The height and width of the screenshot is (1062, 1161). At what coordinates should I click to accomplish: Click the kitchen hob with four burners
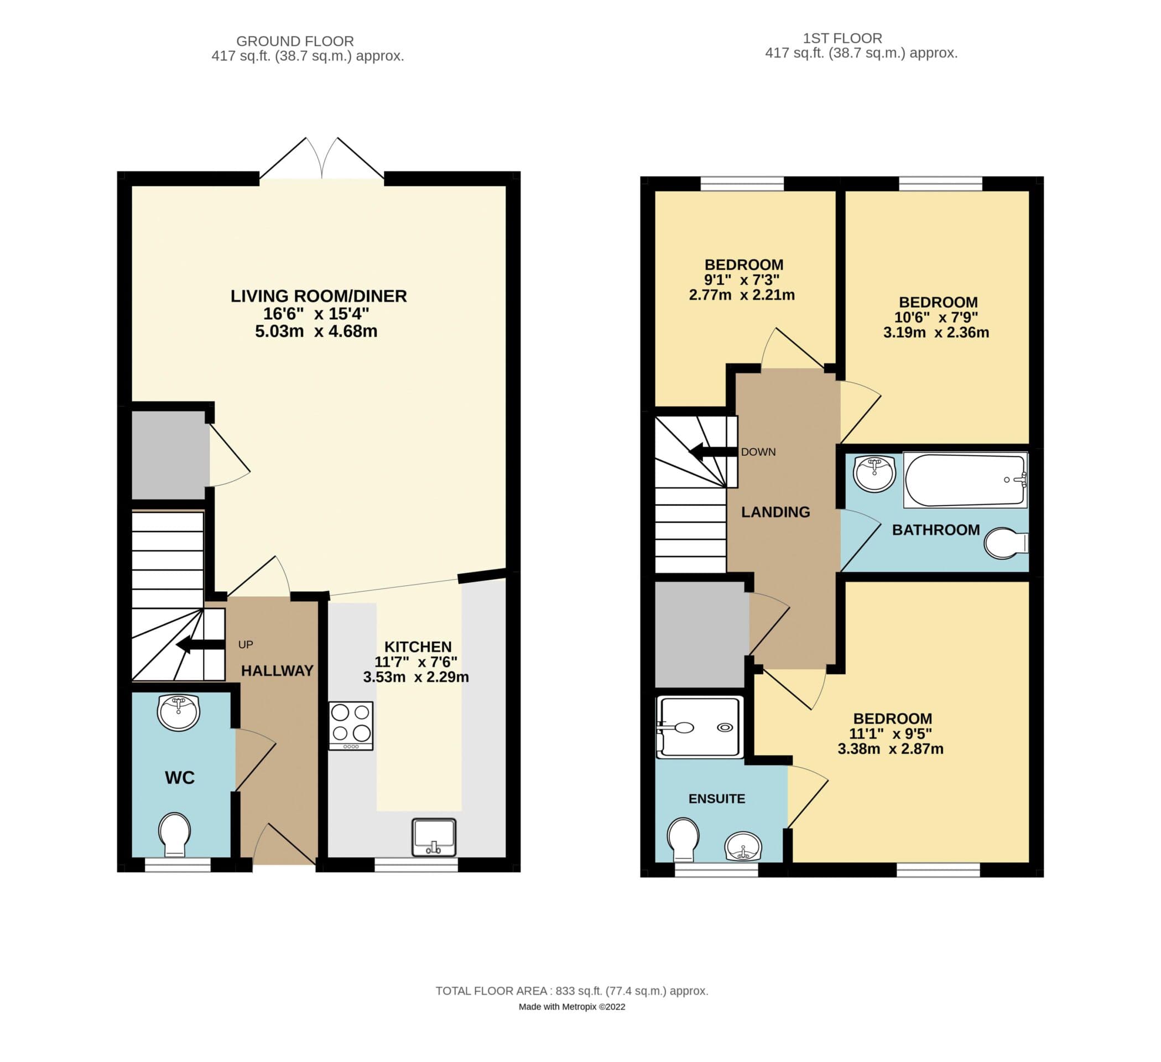[x=351, y=726]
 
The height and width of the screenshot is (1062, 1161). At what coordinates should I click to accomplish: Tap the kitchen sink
[x=434, y=837]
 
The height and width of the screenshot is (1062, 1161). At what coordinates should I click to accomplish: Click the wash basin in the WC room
[x=179, y=712]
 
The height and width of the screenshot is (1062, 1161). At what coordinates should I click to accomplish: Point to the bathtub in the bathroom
[x=965, y=480]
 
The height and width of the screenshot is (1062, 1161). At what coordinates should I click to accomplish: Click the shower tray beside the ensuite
[x=699, y=727]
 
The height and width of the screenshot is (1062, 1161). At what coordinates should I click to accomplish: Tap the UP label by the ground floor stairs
[x=246, y=644]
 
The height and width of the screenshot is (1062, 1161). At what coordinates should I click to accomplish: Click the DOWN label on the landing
[x=758, y=452]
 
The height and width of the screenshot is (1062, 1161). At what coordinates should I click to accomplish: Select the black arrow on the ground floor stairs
[x=200, y=644]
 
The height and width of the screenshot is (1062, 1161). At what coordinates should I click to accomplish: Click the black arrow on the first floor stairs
[x=713, y=452]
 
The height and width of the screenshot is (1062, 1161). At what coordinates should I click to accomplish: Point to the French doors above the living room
[x=321, y=159]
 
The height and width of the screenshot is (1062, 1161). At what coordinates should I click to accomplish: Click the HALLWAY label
[x=277, y=670]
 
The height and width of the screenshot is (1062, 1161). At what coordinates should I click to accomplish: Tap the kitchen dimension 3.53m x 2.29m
[x=416, y=677]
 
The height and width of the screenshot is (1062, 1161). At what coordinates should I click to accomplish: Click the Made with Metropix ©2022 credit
[x=572, y=1007]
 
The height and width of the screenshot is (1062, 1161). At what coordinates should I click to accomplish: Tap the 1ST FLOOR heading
[x=842, y=38]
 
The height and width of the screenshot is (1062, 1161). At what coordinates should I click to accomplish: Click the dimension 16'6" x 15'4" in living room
[x=316, y=314]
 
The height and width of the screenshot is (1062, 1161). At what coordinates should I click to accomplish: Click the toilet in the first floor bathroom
[x=1006, y=543]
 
